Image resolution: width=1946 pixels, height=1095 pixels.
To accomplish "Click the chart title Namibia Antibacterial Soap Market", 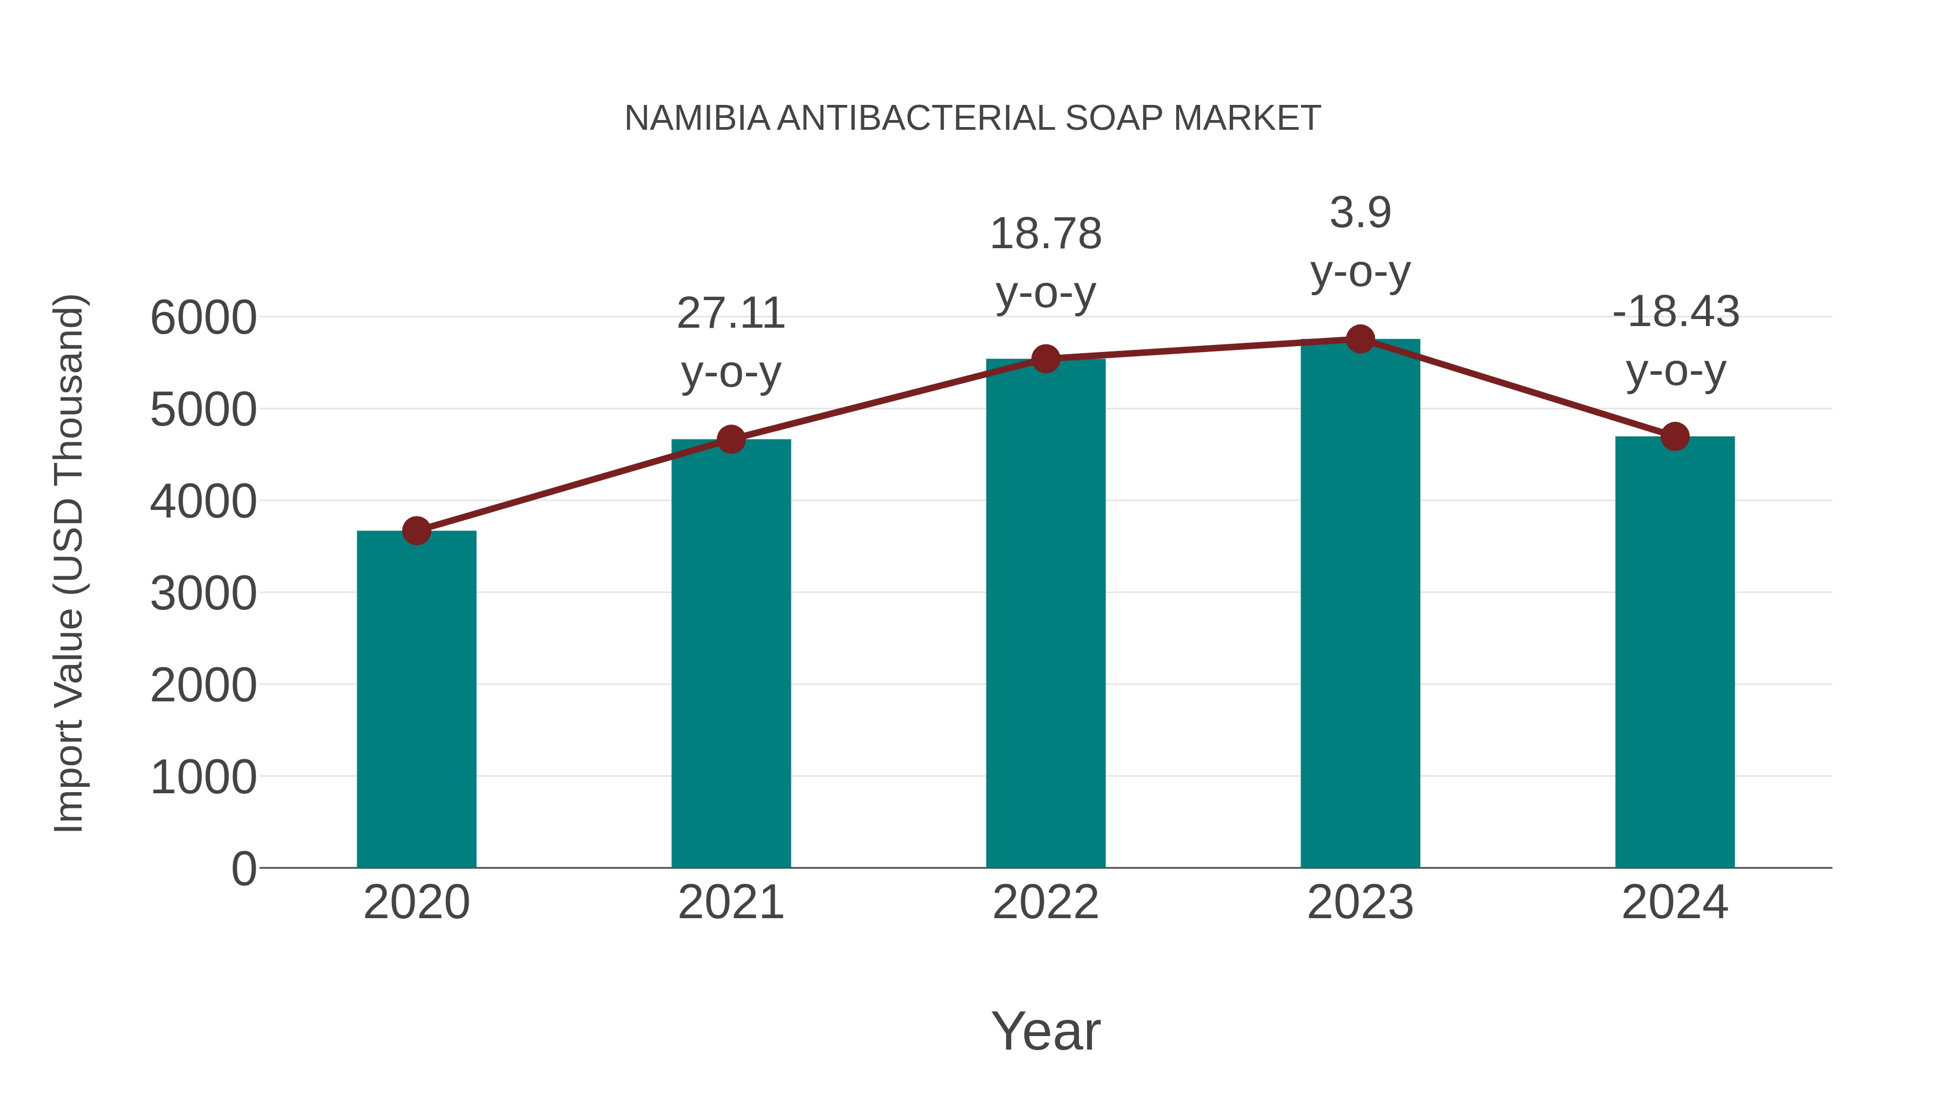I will coord(972,118).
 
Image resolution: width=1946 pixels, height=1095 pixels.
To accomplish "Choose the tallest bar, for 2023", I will coord(1360,605).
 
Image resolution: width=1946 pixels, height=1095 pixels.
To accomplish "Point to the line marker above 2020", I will coord(416,530).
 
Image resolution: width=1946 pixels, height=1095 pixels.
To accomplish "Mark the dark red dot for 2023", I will coord(1360,339).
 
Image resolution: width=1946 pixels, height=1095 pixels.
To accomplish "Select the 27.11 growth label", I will coord(730,314).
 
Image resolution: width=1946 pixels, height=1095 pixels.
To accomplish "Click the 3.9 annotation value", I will coord(1360,213).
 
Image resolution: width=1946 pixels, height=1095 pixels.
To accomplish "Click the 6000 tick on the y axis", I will coord(203,317).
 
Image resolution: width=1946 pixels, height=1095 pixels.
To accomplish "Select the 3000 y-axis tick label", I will coord(203,593).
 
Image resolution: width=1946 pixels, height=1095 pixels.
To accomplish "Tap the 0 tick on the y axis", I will coord(243,868).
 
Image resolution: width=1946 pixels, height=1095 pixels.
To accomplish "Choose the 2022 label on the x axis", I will coord(1045,902).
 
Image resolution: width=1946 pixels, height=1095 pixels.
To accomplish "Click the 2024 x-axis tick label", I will coord(1675,902).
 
